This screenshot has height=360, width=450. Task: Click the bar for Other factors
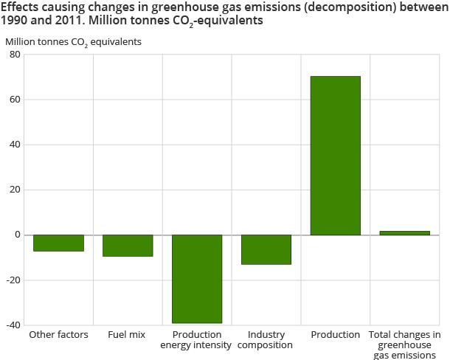58,243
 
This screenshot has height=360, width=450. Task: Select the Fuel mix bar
128,246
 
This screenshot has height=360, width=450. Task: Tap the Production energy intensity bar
197,279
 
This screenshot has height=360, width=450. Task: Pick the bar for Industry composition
266,249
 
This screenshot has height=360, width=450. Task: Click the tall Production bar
336,156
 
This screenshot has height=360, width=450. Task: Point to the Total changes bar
404,233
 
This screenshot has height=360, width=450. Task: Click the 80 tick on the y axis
15,55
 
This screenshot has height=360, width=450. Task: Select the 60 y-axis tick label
15,100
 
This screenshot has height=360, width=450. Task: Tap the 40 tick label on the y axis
15,145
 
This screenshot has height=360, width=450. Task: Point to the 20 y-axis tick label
15,190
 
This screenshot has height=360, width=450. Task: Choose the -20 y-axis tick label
13,280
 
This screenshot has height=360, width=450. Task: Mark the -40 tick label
13,325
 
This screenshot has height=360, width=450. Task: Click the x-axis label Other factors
58,335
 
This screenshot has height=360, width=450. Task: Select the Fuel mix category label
128,335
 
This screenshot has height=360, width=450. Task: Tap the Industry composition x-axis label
266,340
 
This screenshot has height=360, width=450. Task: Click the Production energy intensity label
197,340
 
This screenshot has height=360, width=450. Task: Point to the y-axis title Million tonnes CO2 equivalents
73,41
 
